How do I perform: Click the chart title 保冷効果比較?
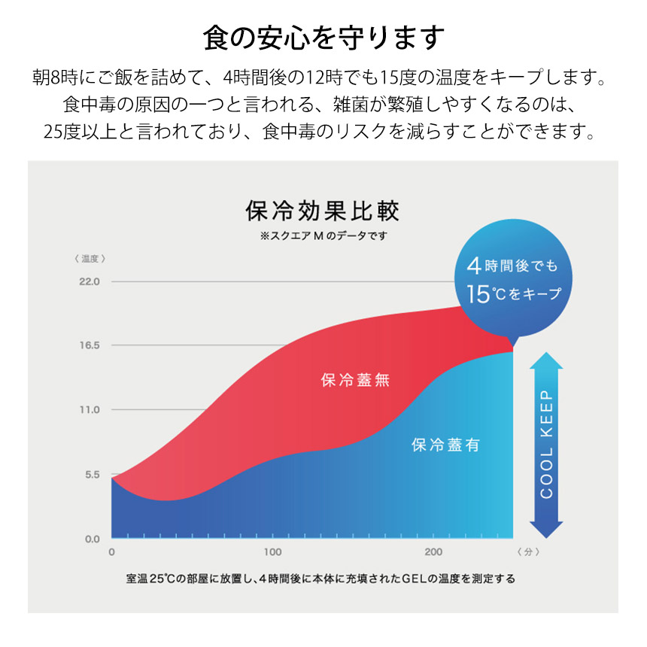324,211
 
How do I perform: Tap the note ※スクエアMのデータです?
324,235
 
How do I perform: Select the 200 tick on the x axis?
433,552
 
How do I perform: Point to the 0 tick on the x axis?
111,552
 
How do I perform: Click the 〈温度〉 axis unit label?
90,258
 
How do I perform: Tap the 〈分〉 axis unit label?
529,552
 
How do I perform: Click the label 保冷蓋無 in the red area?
355,380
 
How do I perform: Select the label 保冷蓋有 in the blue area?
445,445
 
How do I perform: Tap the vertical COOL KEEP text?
547,444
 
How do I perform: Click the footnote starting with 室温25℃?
321,580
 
